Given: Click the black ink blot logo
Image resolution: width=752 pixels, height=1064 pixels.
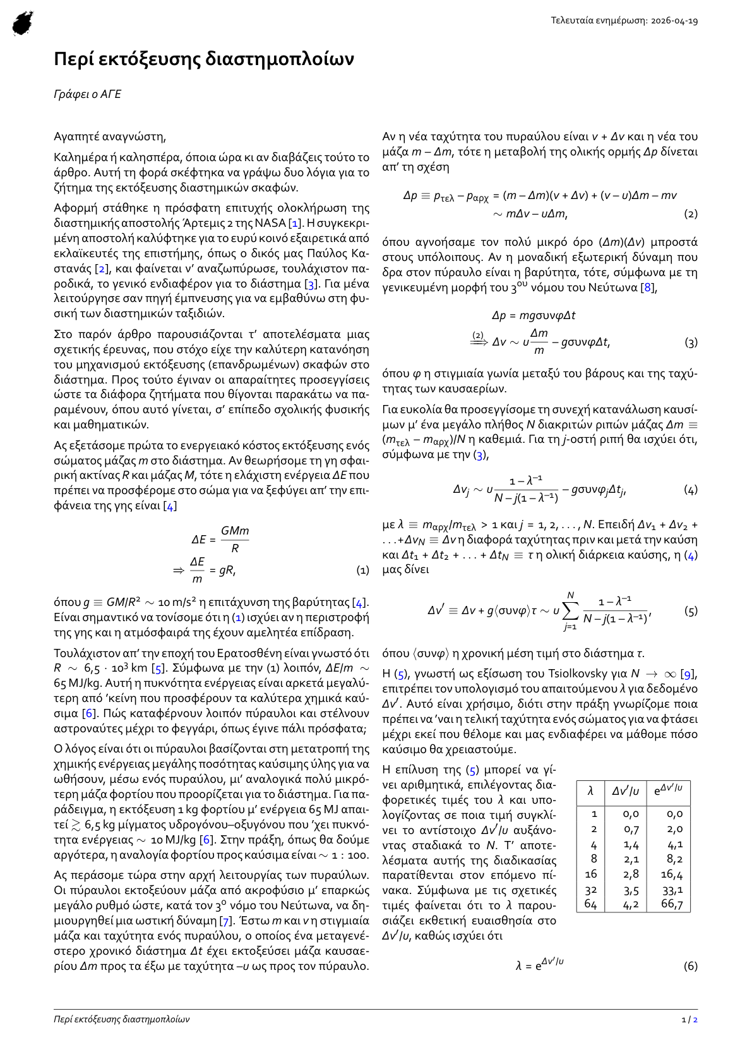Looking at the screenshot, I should tap(23, 23).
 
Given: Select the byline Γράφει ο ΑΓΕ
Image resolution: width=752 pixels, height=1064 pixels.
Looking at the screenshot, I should tap(87, 94).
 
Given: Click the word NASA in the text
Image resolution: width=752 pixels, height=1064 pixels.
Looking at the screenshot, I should tap(271, 223).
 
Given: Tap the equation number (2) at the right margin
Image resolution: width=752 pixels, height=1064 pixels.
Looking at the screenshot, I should tap(691, 214).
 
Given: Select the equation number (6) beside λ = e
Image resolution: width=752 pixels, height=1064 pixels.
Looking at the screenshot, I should tap(691, 966).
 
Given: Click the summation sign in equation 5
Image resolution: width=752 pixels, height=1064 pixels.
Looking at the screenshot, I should tap(571, 611).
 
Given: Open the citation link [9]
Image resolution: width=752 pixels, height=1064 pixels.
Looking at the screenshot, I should tap(688, 674).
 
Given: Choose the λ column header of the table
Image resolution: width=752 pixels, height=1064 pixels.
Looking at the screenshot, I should tap(590, 790).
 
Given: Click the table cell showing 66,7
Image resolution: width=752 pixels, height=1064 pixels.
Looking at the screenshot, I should tap(672, 904).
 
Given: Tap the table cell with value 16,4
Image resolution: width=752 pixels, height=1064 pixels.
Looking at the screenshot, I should tap(672, 874).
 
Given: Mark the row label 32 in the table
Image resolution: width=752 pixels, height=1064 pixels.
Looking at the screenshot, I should tap(591, 890).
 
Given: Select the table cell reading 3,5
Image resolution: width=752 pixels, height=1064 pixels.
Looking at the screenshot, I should tap(631, 890).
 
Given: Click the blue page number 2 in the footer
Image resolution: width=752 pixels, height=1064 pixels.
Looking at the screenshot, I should tap(696, 1019).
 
